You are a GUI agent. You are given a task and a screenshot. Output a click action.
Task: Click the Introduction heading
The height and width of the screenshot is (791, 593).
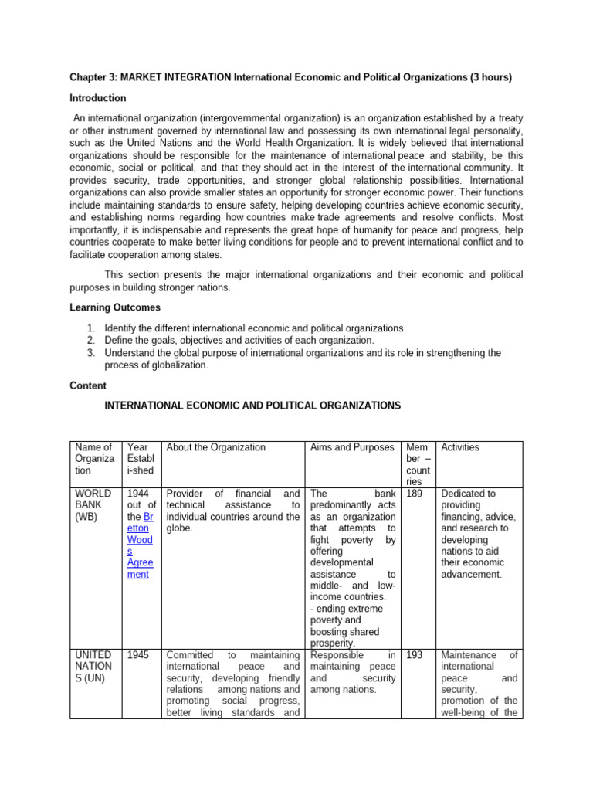point(98,98)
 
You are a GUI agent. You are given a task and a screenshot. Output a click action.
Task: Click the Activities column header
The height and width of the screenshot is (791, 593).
point(459,447)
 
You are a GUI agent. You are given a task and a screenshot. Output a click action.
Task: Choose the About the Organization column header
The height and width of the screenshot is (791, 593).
point(215,447)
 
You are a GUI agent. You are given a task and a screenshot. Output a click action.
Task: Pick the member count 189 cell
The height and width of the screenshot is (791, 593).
point(413,493)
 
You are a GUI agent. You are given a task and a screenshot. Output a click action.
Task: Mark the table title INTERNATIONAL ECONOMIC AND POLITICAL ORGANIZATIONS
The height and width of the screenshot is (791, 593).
point(252,405)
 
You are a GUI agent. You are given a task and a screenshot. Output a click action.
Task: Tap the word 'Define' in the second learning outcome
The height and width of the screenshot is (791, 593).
point(120,340)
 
